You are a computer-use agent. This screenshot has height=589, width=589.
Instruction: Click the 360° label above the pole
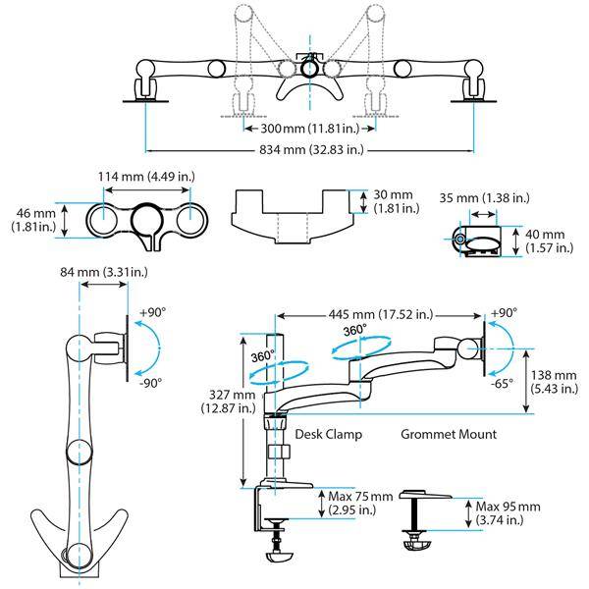pos(258,355)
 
